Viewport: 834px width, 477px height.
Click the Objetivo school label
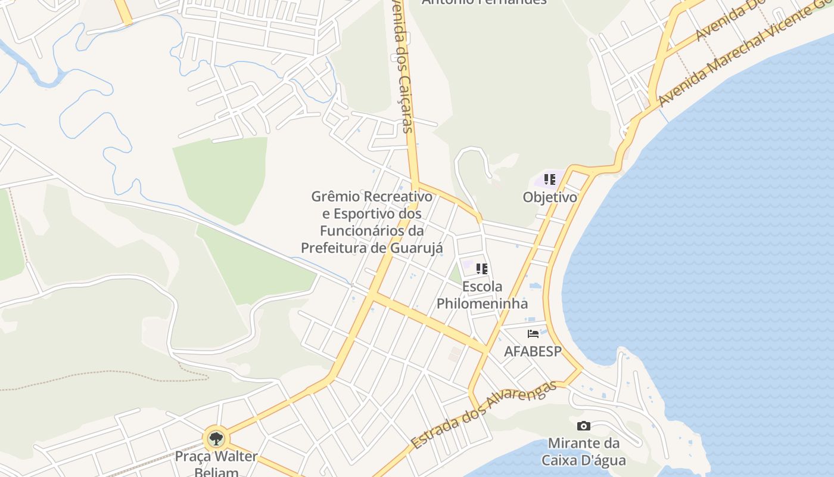pos(550,197)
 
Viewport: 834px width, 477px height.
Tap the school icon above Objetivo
pos(550,179)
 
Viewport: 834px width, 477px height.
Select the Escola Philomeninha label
pos(482,295)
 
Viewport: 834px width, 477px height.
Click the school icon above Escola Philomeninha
pos(482,269)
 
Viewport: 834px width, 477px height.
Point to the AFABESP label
pos(533,351)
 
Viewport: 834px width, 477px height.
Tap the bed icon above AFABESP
pos(533,334)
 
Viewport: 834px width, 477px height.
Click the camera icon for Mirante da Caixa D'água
pos(584,426)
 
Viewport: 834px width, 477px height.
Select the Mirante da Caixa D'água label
pos(584,452)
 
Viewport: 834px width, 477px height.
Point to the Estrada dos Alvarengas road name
pos(484,414)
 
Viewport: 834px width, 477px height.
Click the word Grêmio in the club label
pos(334,197)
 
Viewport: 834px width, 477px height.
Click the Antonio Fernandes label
pos(484,2)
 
